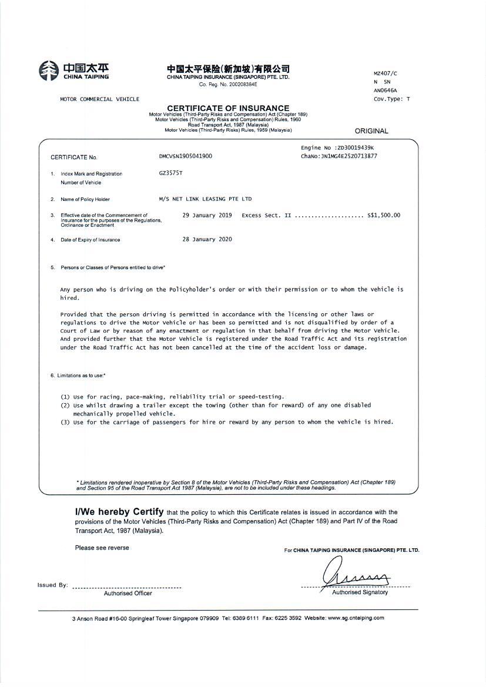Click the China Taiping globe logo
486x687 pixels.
pos(48,71)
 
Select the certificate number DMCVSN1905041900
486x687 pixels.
pos(186,156)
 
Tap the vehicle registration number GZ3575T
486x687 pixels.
pos(170,173)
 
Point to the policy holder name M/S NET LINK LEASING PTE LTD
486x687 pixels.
pos(205,199)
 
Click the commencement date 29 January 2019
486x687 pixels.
pos(207,215)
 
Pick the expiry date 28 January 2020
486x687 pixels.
pos(207,239)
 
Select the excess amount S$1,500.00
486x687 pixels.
pos(383,215)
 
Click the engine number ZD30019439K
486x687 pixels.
pos(355,148)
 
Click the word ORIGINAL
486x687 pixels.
pos(371,131)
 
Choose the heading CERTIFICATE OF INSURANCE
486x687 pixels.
pos(228,108)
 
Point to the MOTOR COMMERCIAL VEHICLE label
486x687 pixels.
pos(100,99)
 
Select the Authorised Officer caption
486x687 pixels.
pos(128,593)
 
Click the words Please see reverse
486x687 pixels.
pos(102,548)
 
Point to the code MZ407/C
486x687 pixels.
pos(385,73)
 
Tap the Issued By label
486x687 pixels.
pos(52,585)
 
